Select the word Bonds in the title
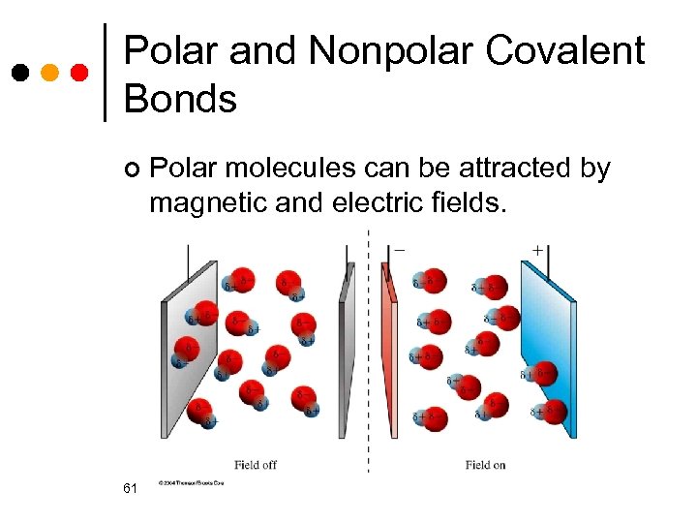coord(180,98)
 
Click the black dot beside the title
coord(20,73)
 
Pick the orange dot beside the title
coord(50,73)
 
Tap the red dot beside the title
coord(80,73)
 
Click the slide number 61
coord(131,489)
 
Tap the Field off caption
coord(256,465)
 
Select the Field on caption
coord(485,465)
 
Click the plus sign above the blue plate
coord(537,250)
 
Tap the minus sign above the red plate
coord(399,250)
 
